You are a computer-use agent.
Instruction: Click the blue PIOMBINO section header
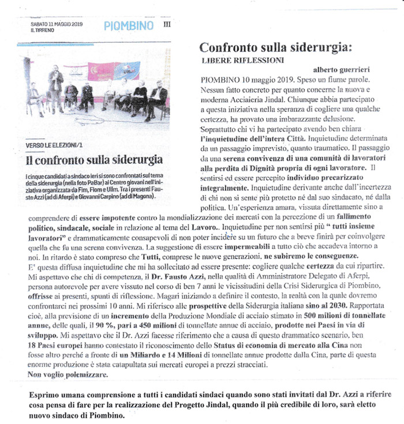[129, 25]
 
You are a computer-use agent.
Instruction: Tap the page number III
[167, 25]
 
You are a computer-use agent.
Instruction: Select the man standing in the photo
[55, 87]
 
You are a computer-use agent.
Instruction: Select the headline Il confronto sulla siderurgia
[94, 159]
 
